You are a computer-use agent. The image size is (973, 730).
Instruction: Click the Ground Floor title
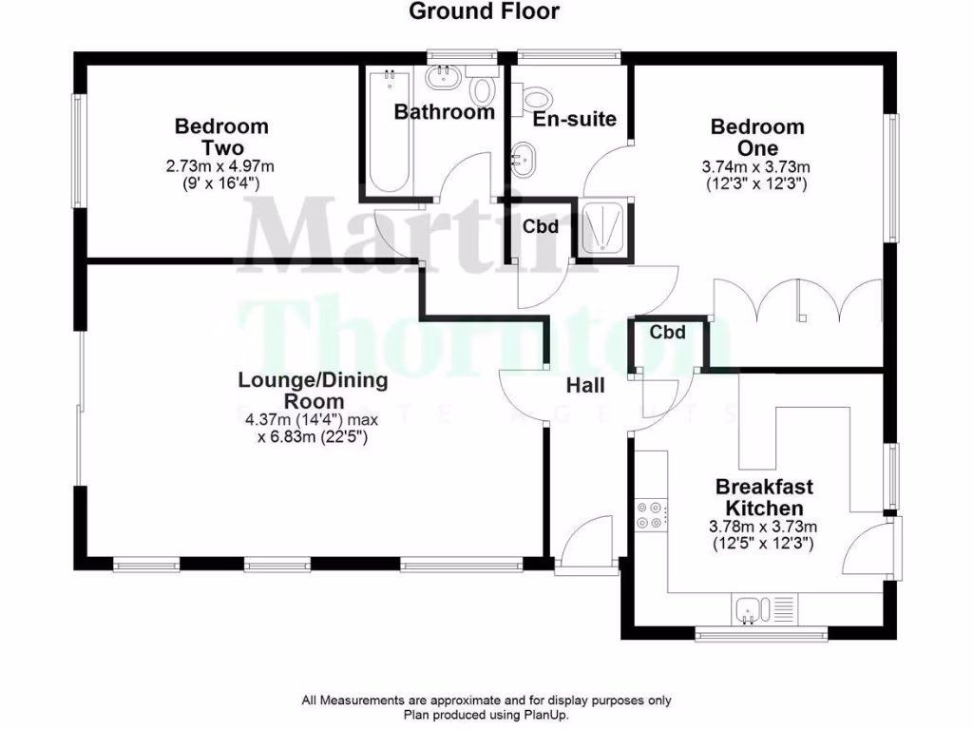(x=485, y=11)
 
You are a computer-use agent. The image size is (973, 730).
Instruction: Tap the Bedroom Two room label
(x=221, y=137)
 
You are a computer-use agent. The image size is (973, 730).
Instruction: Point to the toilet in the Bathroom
(x=484, y=90)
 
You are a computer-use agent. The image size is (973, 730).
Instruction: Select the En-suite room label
(x=575, y=119)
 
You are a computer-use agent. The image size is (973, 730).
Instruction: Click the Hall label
(x=585, y=386)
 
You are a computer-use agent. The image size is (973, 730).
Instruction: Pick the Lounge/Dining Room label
(x=313, y=391)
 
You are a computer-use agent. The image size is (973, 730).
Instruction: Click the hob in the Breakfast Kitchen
(x=653, y=514)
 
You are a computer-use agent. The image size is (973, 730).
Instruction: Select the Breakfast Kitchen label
(x=764, y=497)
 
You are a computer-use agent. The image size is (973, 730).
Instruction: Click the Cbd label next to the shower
(x=540, y=227)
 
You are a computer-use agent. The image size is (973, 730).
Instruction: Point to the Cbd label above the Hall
(x=668, y=333)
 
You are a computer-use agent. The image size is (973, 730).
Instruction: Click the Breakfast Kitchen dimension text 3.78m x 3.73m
(x=763, y=527)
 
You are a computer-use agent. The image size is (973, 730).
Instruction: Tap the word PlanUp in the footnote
(x=544, y=715)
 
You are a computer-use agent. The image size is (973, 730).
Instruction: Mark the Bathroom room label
(x=445, y=112)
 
